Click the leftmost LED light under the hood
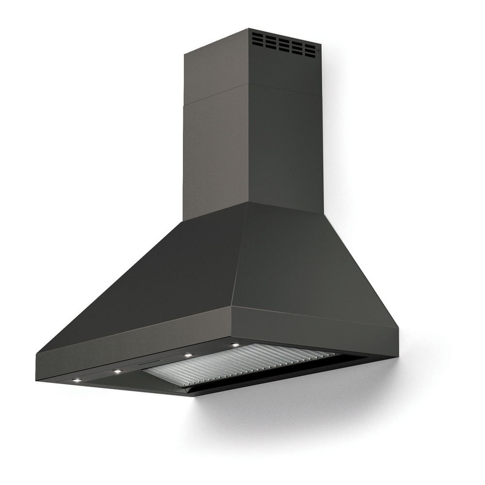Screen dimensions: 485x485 click(77, 380)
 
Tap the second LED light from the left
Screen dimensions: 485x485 click(117, 372)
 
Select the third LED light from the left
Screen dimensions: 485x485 click(187, 356)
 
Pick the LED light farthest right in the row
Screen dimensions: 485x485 click(236, 345)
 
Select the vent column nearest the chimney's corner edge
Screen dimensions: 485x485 click(258, 39)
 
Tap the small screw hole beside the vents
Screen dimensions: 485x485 click(318, 49)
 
